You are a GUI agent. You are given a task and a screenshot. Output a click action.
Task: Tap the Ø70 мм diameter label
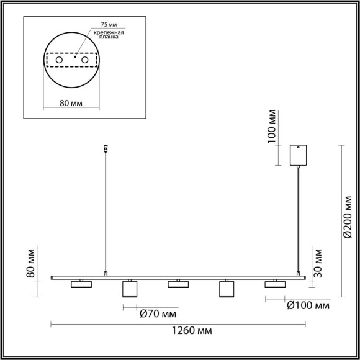point(155,313)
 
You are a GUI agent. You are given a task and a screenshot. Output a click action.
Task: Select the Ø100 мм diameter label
point(307,306)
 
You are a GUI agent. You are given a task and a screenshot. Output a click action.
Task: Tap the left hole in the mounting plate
point(60,61)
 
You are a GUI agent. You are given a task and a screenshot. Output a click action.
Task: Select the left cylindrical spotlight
point(129,289)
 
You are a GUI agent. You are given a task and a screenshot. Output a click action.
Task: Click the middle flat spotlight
point(178,284)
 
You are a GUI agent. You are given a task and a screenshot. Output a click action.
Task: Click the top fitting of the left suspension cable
point(106,148)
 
